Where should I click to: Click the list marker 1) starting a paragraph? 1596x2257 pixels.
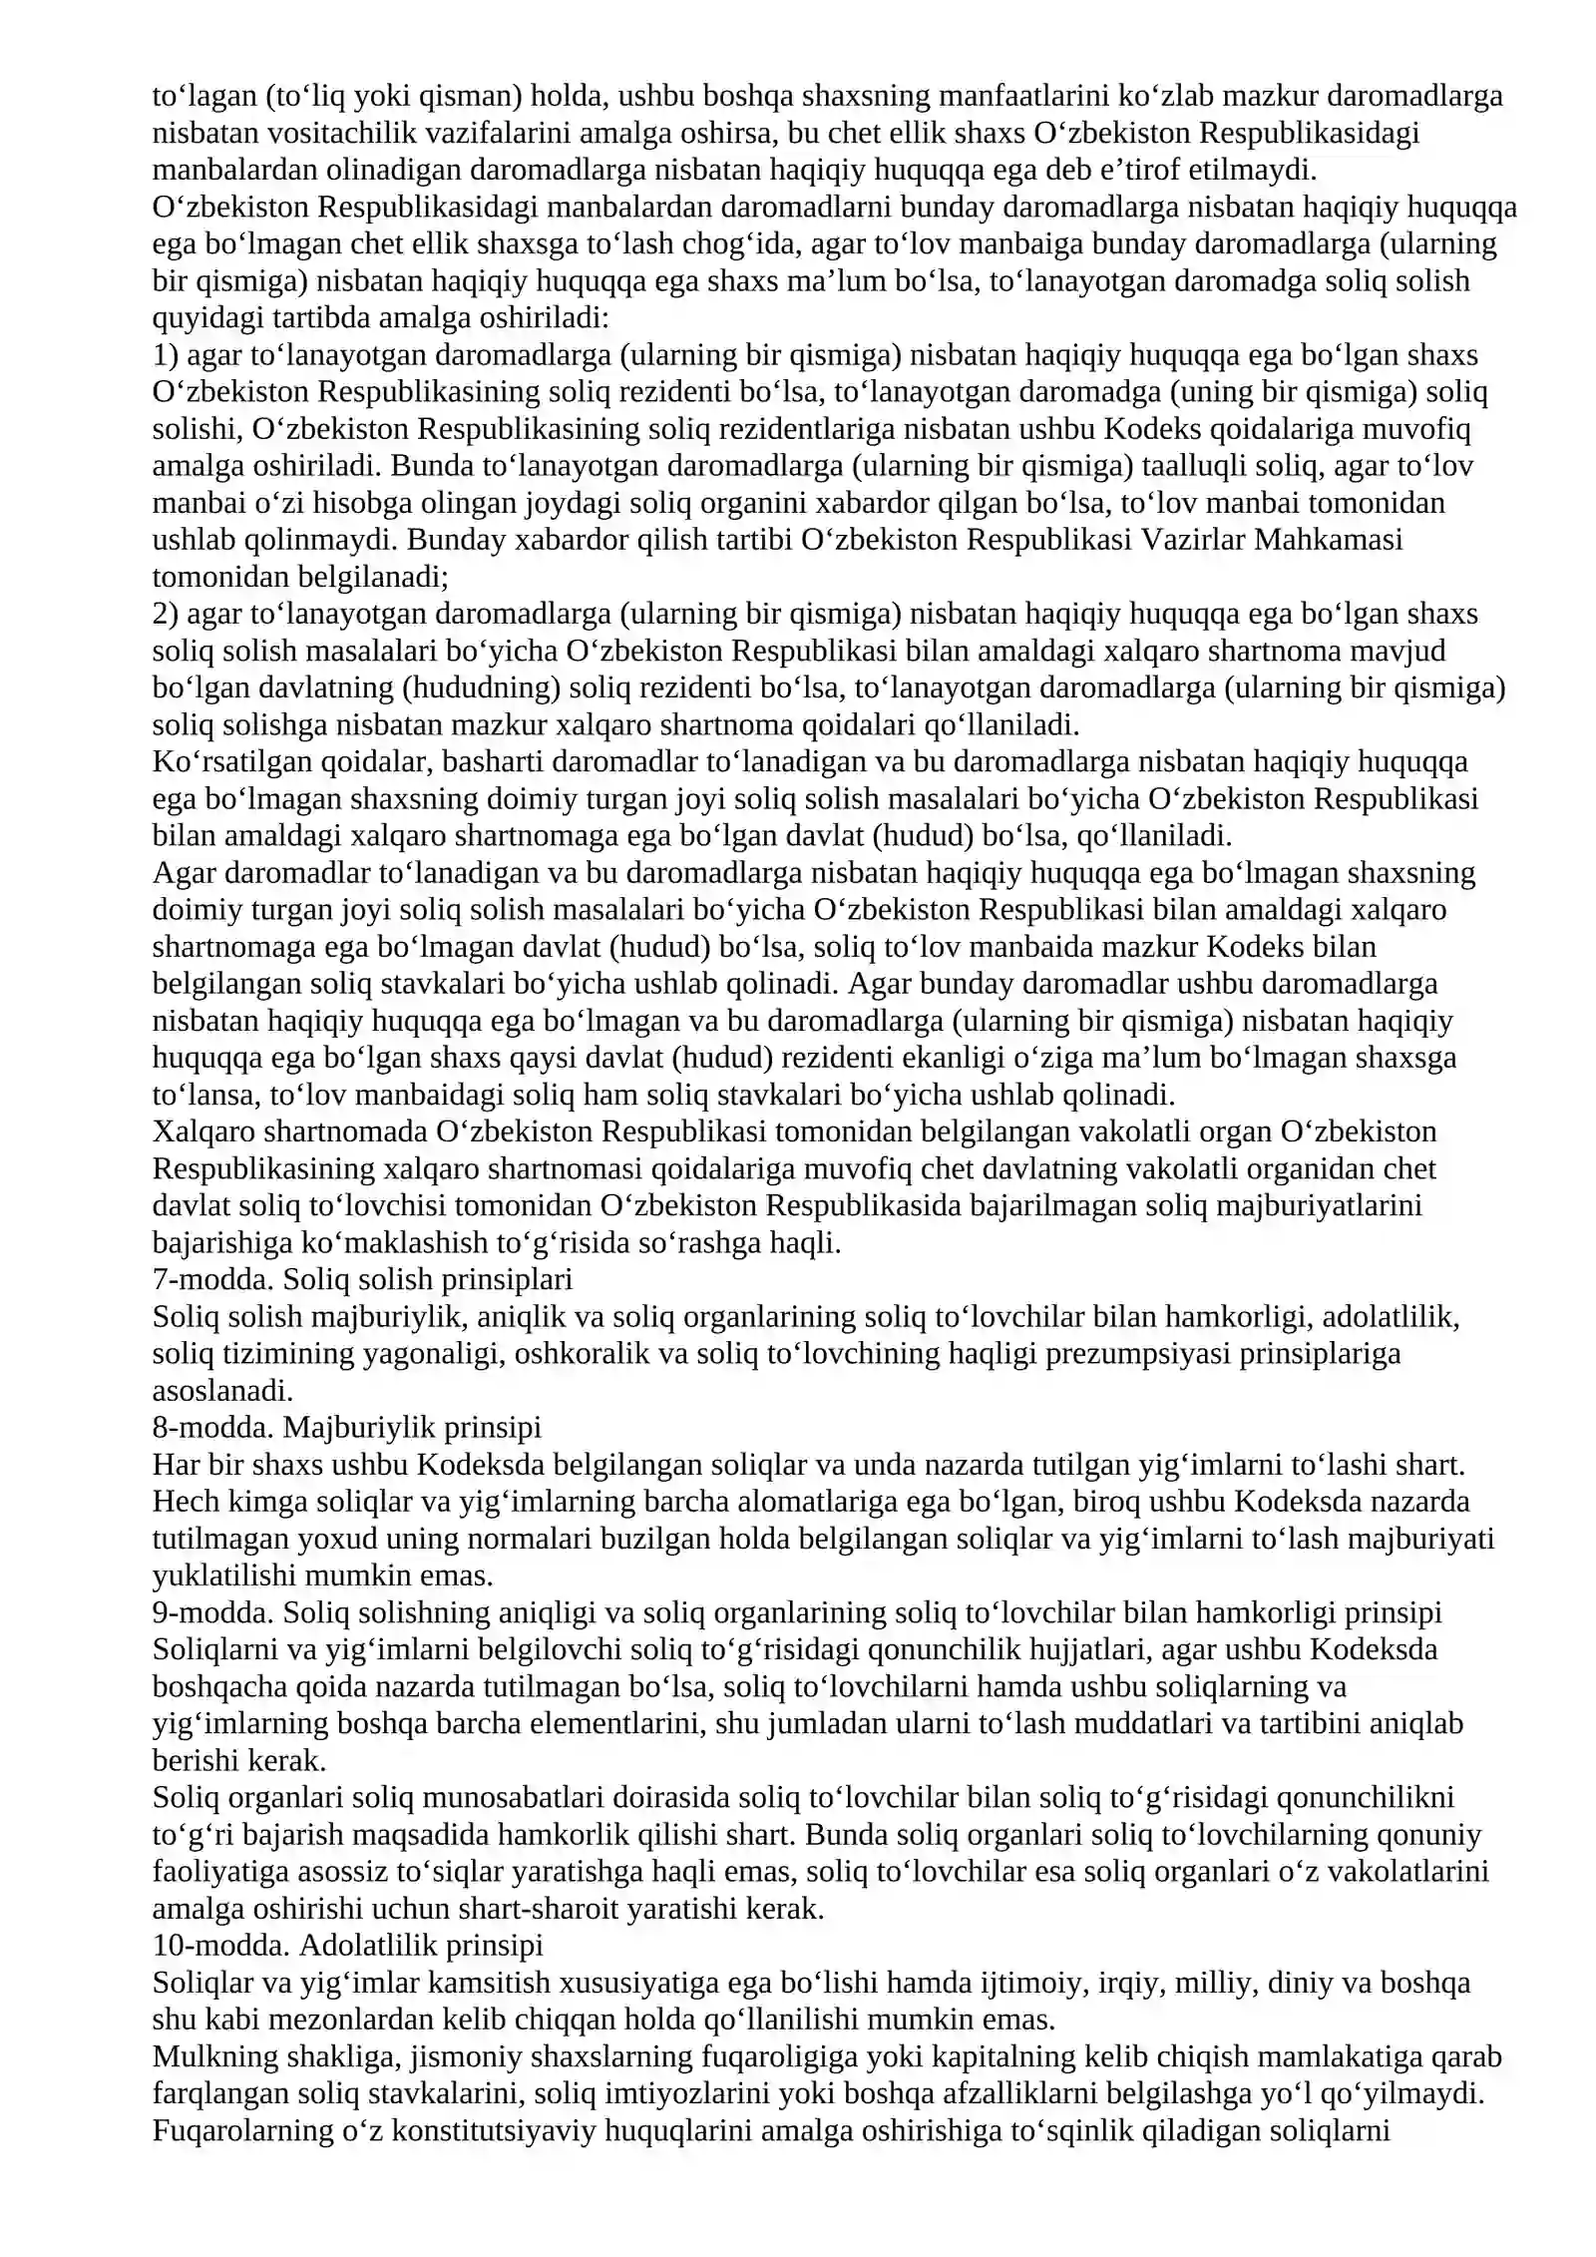[165, 355]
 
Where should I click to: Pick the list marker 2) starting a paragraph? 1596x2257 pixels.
[165, 615]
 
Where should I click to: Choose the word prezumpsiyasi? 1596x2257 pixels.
[1137, 1354]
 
